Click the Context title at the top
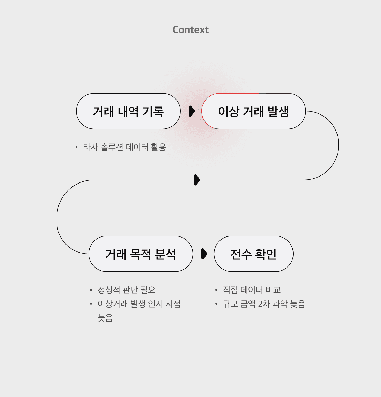click(x=190, y=30)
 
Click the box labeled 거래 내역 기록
click(x=128, y=111)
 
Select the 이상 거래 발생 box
click(x=253, y=111)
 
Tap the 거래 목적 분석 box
click(x=141, y=254)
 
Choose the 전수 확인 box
click(x=253, y=254)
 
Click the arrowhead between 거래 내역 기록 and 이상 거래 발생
click(x=192, y=111)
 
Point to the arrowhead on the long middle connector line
click(x=197, y=180)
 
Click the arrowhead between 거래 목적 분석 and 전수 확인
click(x=204, y=254)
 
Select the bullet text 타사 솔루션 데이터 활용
click(x=124, y=147)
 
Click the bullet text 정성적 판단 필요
click(x=126, y=290)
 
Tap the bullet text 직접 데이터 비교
click(x=252, y=290)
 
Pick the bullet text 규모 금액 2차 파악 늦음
click(x=264, y=304)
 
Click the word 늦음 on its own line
click(x=105, y=318)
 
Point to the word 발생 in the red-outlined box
click(x=278, y=112)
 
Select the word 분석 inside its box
click(x=165, y=254)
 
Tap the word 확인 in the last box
click(x=266, y=254)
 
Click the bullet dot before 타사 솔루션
click(x=76, y=148)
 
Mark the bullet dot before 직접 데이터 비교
click(x=216, y=290)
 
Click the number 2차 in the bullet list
click(x=264, y=304)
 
